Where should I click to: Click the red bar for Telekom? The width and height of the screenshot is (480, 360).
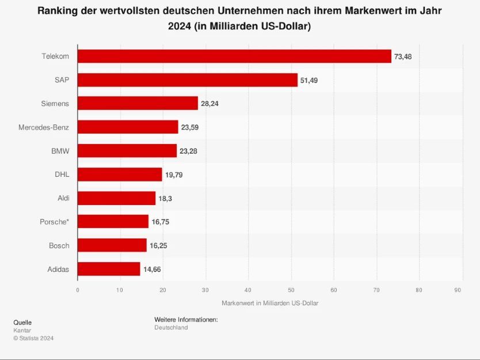(234, 56)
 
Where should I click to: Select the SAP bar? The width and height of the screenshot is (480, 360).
(187, 80)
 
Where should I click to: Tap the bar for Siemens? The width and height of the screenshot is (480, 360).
(138, 104)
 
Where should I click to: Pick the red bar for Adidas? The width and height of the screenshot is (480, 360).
(109, 269)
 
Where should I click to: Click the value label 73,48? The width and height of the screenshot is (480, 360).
(403, 56)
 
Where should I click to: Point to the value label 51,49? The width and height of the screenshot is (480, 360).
(308, 80)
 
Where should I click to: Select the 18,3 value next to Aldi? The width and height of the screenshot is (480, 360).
(165, 198)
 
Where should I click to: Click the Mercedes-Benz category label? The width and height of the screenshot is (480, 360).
(44, 127)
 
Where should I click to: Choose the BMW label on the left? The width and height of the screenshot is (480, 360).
(60, 151)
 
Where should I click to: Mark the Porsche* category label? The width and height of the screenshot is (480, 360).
(55, 222)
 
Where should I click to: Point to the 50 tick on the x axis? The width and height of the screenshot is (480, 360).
(291, 290)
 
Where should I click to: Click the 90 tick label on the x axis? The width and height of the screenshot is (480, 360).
(458, 290)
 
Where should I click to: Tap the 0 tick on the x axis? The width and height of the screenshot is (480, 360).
(78, 290)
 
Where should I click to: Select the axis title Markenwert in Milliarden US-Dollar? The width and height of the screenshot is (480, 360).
(269, 303)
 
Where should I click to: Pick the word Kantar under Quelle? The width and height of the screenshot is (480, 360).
(22, 331)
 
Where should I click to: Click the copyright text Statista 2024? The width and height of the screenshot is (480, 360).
(33, 338)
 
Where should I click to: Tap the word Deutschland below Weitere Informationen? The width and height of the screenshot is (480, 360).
(171, 328)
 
